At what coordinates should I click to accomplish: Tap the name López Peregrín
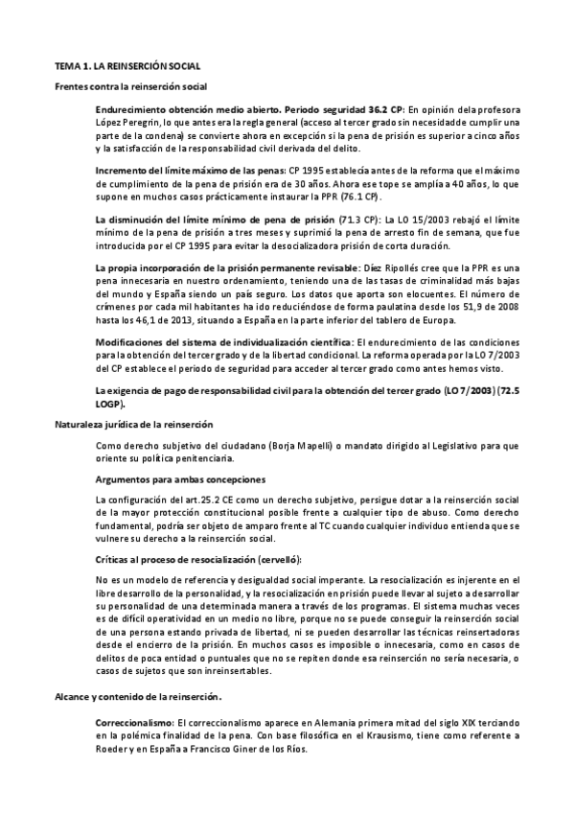[128, 123]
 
